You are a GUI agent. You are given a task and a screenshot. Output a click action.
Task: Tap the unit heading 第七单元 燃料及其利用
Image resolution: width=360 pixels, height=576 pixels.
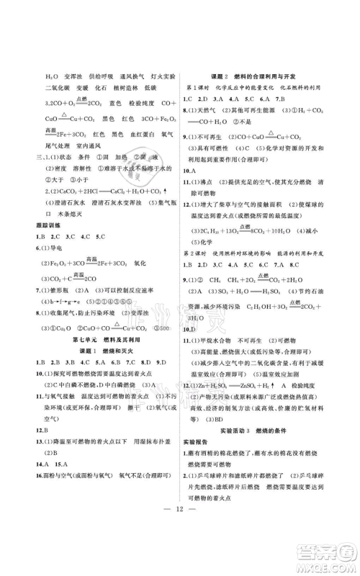(103, 338)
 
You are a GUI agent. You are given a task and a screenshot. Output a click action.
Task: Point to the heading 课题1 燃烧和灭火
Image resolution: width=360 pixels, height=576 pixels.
(103, 351)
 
